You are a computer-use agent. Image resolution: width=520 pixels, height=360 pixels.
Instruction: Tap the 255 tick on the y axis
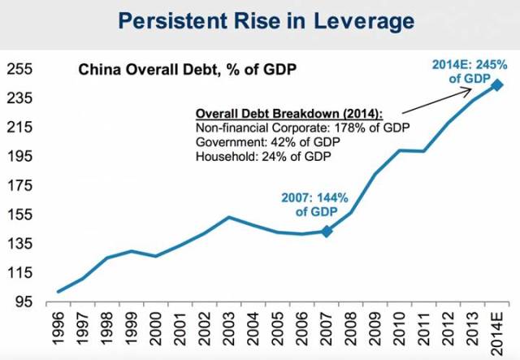click(19, 69)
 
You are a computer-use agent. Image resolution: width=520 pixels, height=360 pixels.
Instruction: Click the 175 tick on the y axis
click(19, 185)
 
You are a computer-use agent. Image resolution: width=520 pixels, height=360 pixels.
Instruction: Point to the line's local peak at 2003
click(230, 217)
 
